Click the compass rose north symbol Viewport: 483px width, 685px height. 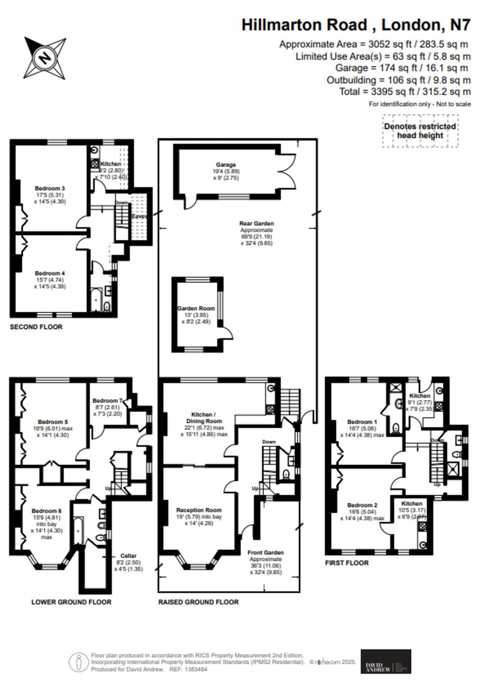45,58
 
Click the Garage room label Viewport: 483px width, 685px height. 226,165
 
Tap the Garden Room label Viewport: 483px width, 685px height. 196,308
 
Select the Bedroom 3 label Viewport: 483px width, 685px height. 50,188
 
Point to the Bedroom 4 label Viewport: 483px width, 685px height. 50,273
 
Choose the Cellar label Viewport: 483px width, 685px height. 128,556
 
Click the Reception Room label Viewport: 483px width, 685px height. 199,510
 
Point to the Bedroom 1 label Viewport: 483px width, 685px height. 362,422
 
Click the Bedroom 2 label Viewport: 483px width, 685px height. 362,505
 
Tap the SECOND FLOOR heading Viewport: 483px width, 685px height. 36,327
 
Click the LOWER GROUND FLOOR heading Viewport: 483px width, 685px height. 71,602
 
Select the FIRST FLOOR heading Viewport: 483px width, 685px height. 346,563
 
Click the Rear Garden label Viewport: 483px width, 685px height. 256,224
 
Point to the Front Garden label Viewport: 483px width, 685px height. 266,553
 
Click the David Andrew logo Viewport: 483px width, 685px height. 385,661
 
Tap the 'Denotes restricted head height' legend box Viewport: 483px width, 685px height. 420,131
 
